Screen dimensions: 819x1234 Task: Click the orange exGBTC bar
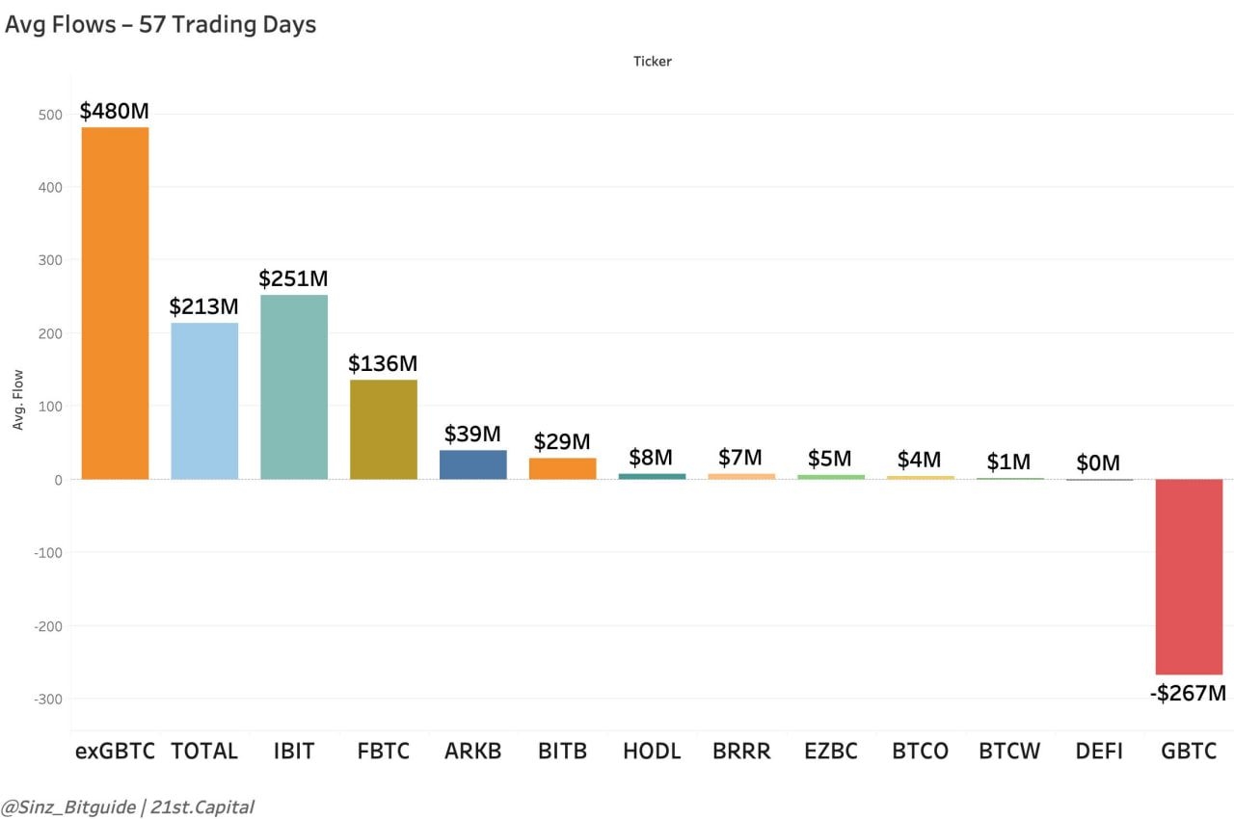tap(115, 303)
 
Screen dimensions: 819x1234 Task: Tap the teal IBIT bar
tap(294, 386)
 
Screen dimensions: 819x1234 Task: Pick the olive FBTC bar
tap(384, 429)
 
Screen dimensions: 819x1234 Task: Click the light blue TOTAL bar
tap(204, 400)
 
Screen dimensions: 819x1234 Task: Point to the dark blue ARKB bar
tap(472, 464)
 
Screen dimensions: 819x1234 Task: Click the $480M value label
tap(114, 111)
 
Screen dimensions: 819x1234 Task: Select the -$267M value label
tap(1188, 692)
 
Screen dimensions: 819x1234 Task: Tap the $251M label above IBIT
tap(293, 278)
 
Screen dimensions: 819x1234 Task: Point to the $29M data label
tap(562, 441)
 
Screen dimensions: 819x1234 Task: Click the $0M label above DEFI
tap(1098, 463)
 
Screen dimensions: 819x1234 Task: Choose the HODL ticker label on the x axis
tap(652, 751)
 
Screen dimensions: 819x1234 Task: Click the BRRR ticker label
tap(741, 751)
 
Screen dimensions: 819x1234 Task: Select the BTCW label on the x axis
tap(1009, 751)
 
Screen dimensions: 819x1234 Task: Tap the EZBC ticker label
tap(831, 751)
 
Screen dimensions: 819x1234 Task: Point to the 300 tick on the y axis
tap(50, 260)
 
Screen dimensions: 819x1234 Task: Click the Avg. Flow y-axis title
tap(18, 400)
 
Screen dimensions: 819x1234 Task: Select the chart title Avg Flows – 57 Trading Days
tap(160, 25)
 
